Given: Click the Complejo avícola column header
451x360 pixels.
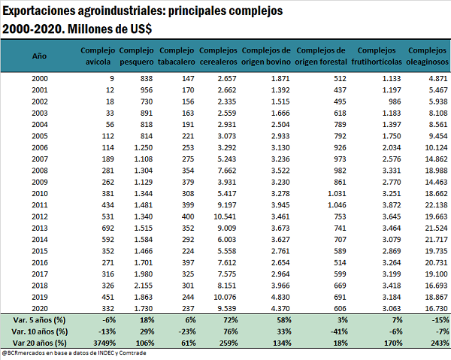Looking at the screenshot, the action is pos(98,56).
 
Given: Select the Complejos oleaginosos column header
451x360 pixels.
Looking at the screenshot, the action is pos(427,56).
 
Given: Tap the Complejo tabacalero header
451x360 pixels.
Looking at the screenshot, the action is pos(177,56).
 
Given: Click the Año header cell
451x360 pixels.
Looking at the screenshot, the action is pos(39,56).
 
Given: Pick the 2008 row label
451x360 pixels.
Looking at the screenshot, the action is pos(40,171).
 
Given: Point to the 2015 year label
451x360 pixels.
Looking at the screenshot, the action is pos(40,251).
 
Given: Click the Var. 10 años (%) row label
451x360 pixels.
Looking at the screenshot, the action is pos(40,331).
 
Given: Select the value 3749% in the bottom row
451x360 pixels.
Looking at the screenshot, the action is pos(104,343).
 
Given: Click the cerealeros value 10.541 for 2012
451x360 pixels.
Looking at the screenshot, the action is pos(225,216).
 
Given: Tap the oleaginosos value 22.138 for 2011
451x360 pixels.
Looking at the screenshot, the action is pos(436,205).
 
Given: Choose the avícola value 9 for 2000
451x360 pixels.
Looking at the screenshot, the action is pos(112,78).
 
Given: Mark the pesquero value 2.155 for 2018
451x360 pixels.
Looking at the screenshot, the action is pos(144,286).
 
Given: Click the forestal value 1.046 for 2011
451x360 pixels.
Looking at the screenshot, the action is pos(337,205).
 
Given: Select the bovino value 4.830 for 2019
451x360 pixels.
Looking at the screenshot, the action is pos(280,297).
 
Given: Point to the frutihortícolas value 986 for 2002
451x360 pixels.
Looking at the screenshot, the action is pos(395,101).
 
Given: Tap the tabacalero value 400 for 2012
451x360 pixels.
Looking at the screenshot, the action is pos(188,216).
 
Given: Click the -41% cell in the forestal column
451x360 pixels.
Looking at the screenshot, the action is pos(339,331).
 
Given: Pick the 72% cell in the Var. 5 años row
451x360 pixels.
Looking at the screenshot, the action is pos(231,320).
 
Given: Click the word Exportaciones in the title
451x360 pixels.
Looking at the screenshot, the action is pos(38,11).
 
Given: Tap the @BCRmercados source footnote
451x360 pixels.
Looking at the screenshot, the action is pos(74,352).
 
